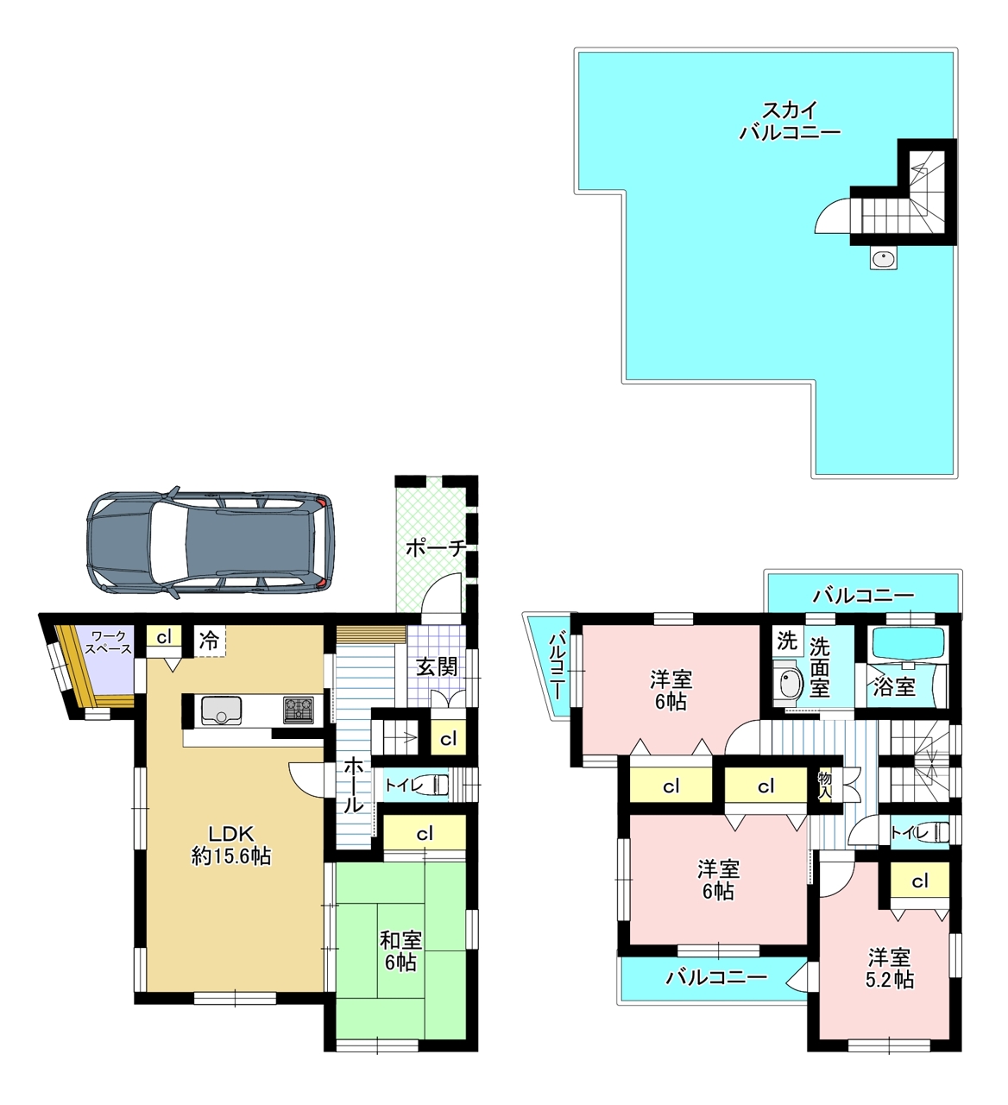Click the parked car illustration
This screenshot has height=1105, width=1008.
click(x=211, y=543)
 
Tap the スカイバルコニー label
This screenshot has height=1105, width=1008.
click(x=790, y=121)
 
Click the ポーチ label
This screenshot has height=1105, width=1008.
click(x=436, y=547)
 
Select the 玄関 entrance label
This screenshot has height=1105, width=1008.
click(x=436, y=667)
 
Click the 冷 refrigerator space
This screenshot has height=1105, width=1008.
click(x=210, y=641)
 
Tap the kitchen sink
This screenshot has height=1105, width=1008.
click(x=221, y=710)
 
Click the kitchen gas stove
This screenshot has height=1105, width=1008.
click(x=298, y=710)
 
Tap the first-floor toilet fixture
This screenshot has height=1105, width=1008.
click(x=442, y=785)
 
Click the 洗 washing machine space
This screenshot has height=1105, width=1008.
click(x=787, y=641)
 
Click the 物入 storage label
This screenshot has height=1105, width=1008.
click(x=824, y=785)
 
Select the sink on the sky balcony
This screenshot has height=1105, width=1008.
click(x=884, y=257)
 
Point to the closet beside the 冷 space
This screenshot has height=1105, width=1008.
click(x=164, y=637)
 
